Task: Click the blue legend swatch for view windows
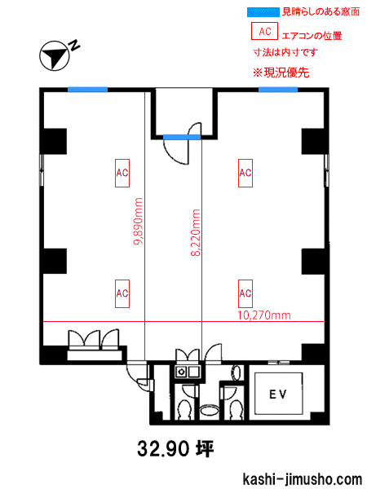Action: [263, 12]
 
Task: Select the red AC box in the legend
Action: [264, 31]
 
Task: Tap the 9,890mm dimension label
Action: [138, 221]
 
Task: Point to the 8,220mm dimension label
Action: [196, 232]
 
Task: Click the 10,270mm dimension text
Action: [264, 315]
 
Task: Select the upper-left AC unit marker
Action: [122, 173]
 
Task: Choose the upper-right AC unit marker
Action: [245, 173]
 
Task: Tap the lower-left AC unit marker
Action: [122, 293]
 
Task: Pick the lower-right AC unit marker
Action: [245, 293]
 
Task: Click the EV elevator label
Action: [278, 394]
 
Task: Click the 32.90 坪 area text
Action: [175, 449]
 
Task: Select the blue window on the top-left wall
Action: [88, 90]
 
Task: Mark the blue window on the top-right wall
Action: [278, 90]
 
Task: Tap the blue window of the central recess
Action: [182, 137]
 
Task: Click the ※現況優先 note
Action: [281, 73]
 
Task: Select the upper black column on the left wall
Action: [54, 141]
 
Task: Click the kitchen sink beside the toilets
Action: [188, 372]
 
